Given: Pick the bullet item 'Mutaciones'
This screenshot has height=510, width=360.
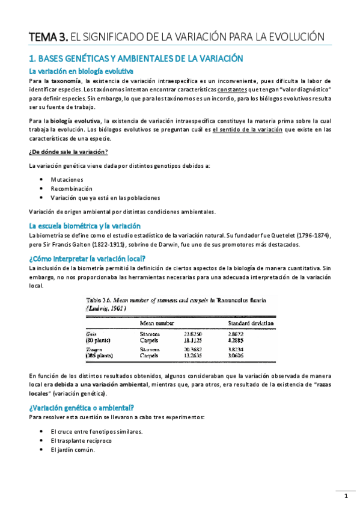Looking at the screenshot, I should (67, 180).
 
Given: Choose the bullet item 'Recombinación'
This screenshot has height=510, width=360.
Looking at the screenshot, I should (72, 188).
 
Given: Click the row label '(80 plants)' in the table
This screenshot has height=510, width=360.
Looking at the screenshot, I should (99, 339).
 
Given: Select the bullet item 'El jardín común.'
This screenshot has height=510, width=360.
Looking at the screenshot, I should (72, 449).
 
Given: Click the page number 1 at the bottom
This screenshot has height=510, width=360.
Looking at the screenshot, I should (346, 496).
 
